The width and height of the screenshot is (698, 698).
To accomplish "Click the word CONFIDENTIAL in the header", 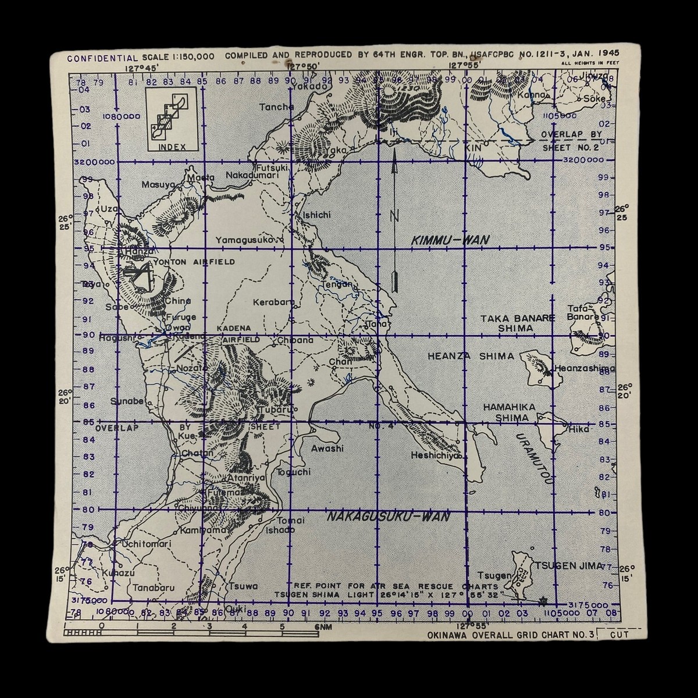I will click(x=102, y=58).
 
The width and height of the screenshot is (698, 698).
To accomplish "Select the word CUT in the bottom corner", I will click(x=619, y=635).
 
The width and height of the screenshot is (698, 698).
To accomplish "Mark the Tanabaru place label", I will click(x=154, y=587).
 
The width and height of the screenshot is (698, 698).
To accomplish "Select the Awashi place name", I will click(x=327, y=448).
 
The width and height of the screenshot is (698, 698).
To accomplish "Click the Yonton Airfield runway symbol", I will click(x=139, y=276).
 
